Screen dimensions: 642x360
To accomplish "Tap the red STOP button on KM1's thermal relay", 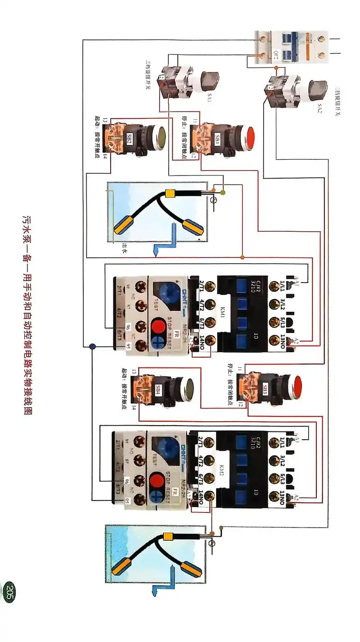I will point(157,325).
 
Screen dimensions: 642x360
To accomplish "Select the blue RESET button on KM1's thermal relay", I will point(157,342).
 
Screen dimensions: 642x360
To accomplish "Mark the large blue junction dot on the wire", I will point(93,347).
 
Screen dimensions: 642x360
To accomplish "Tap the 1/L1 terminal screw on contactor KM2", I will point(274,442).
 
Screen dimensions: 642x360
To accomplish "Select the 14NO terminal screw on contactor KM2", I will point(208,496).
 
